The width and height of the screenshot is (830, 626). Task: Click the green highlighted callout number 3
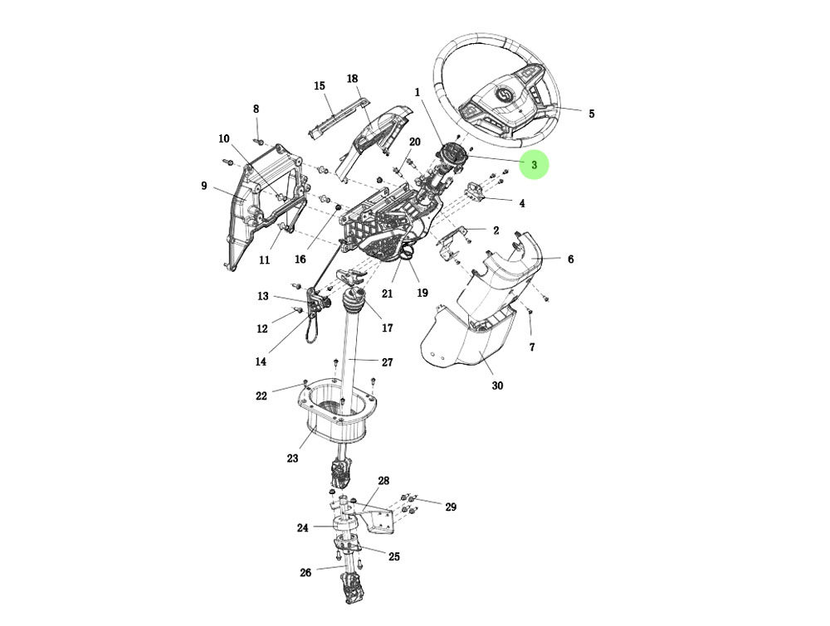point(535,165)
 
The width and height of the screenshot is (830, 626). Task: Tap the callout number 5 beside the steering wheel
point(591,114)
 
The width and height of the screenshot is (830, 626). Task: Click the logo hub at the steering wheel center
point(505,98)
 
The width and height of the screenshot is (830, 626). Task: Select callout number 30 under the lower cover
point(497,386)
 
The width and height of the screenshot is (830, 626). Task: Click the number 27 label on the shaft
point(387,362)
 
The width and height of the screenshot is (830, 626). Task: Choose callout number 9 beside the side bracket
point(203,186)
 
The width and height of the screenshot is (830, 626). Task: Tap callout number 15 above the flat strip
point(320,85)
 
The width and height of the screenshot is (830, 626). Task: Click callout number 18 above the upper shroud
point(352,79)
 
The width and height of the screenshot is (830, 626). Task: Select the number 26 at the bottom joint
point(305,572)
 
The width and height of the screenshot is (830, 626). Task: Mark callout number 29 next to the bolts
point(450,507)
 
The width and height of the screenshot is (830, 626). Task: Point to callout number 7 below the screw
point(532,347)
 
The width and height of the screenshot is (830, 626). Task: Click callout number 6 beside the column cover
point(570,260)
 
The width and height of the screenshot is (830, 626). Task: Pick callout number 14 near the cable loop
point(261,362)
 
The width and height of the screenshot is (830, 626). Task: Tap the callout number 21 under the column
point(387,293)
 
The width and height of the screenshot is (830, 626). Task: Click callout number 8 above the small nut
point(256,109)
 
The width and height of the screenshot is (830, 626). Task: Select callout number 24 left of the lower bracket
point(302,527)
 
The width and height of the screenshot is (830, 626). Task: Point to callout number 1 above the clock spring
point(417,92)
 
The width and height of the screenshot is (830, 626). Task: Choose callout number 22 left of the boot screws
point(261,396)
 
